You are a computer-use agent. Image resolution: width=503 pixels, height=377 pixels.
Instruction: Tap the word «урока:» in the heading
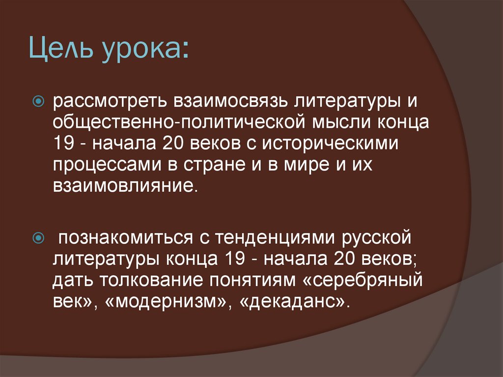pos(146,51)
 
